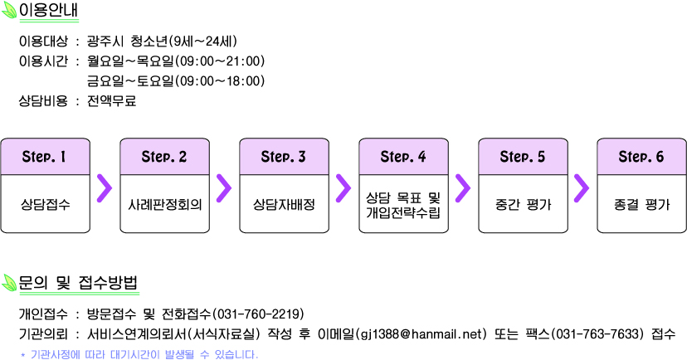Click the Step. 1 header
44,156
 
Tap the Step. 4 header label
403,156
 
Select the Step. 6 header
641,156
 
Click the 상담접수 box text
45,204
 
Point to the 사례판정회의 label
165,204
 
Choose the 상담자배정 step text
284,204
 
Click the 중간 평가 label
523,204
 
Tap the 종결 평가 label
642,204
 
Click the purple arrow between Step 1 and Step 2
105,188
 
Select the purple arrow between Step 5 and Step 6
582,188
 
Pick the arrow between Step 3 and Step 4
343,188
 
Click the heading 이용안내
48,10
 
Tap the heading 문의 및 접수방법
78,283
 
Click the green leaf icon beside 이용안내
9,10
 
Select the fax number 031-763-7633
597,334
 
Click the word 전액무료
111,101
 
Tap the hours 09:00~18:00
220,81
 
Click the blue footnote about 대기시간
139,354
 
